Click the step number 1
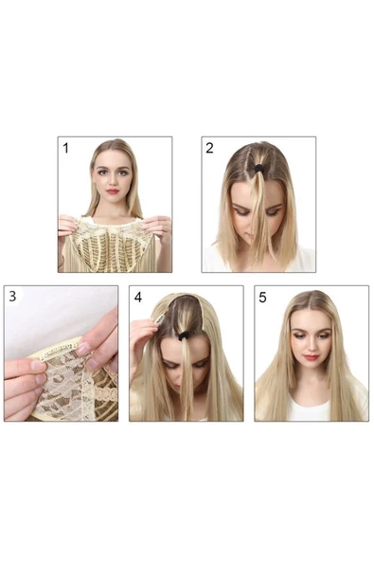pyautogui.click(x=65, y=148)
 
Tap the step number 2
pyautogui.click(x=209, y=148)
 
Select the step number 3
pyautogui.click(x=12, y=297)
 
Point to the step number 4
pyautogui.click(x=138, y=298)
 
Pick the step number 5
pyautogui.click(x=263, y=298)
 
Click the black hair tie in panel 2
pyautogui.click(x=258, y=168)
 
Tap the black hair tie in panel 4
pyautogui.click(x=184, y=335)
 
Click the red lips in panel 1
pyautogui.click(x=113, y=191)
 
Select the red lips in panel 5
pyautogui.click(x=311, y=357)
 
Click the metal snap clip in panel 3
pyautogui.click(x=58, y=353)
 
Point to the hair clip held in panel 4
pyautogui.click(x=159, y=318)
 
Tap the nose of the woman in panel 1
pyautogui.click(x=113, y=181)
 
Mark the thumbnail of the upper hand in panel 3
pyautogui.click(x=83, y=349)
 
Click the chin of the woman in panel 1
pyautogui.click(x=113, y=202)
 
